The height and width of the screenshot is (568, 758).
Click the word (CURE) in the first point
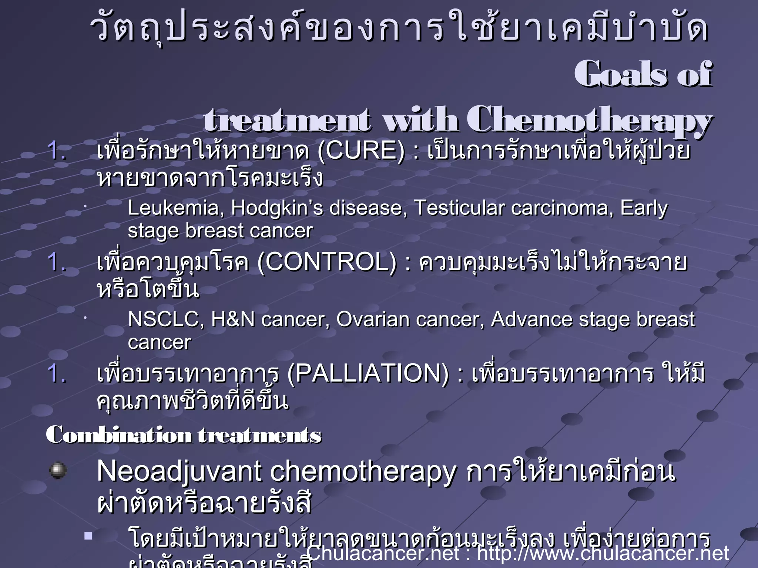pos(361,151)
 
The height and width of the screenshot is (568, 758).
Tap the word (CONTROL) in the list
pos(326,263)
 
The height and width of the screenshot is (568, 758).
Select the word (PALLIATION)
pos(368,373)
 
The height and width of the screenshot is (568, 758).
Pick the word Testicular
pos(459,208)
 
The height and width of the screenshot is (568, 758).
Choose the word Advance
pos(531,319)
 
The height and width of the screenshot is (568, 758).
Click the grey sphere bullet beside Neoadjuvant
pos(58,470)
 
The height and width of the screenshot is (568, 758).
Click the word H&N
pos(233,319)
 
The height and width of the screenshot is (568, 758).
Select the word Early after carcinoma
pos(644,208)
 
